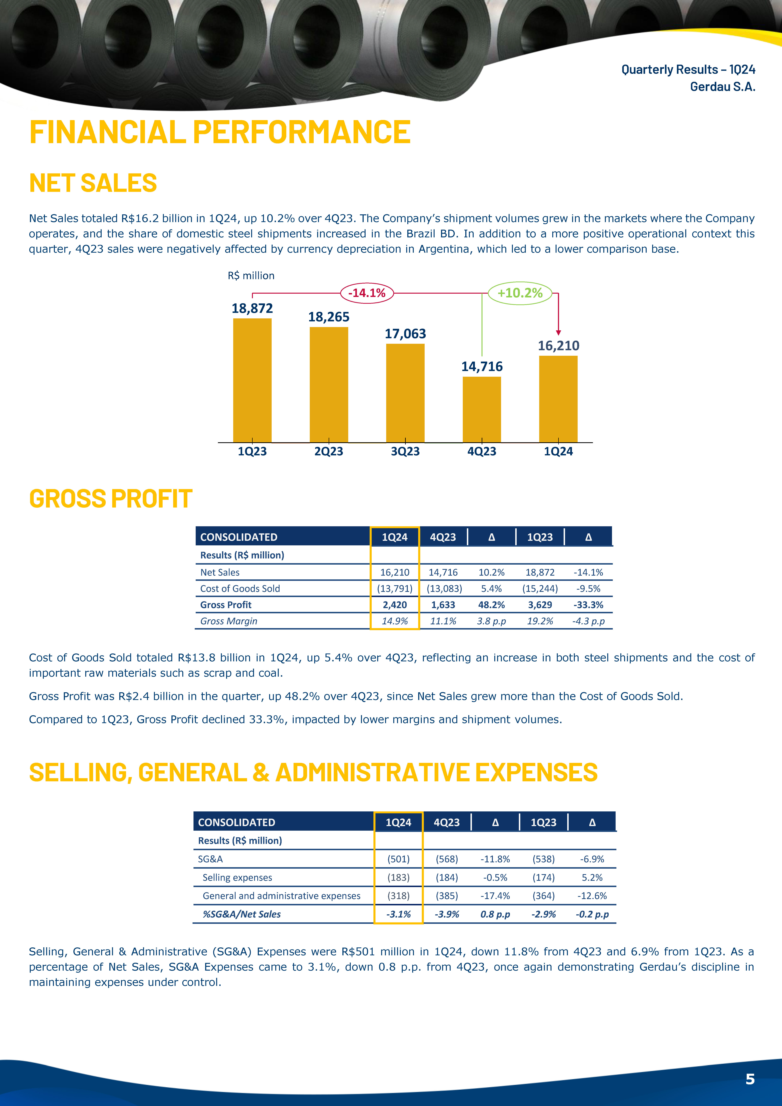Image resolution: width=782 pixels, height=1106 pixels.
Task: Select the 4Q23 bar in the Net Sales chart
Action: pos(482,409)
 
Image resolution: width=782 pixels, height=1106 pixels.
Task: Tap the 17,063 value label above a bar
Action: pos(405,334)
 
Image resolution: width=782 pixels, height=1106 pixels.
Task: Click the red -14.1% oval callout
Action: pos(367,293)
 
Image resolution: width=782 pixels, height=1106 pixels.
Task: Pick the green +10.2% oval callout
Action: pos(520,293)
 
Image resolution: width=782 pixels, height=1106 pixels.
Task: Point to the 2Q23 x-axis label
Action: pos(329,451)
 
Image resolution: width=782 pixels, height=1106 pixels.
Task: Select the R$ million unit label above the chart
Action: pos(251,276)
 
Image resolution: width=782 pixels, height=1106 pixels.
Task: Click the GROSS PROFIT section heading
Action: pos(111,499)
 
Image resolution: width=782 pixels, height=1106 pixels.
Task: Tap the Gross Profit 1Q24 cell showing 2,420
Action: pos(395,605)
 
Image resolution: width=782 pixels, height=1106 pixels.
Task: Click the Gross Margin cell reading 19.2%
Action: pos(540,621)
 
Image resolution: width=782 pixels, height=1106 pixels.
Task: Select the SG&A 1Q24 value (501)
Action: pos(399,859)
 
